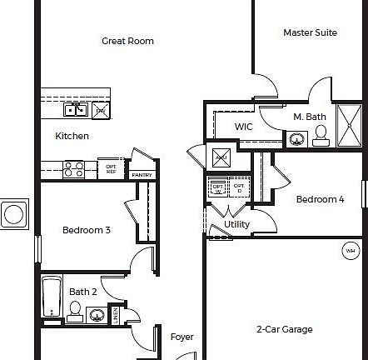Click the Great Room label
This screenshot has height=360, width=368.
[x=127, y=41]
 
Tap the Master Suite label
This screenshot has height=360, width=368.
[x=310, y=32]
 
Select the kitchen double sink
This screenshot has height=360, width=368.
[x=75, y=108]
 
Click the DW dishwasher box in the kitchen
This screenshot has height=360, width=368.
[x=101, y=109]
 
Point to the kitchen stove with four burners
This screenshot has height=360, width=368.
[x=73, y=169]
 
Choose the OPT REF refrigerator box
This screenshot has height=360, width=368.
[x=111, y=167]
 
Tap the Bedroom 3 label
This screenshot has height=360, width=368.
[x=86, y=230]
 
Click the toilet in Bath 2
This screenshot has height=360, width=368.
[x=75, y=312]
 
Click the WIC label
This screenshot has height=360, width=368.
[x=243, y=127]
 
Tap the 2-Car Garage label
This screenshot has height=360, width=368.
[x=284, y=329]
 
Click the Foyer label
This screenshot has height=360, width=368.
[x=182, y=337]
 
